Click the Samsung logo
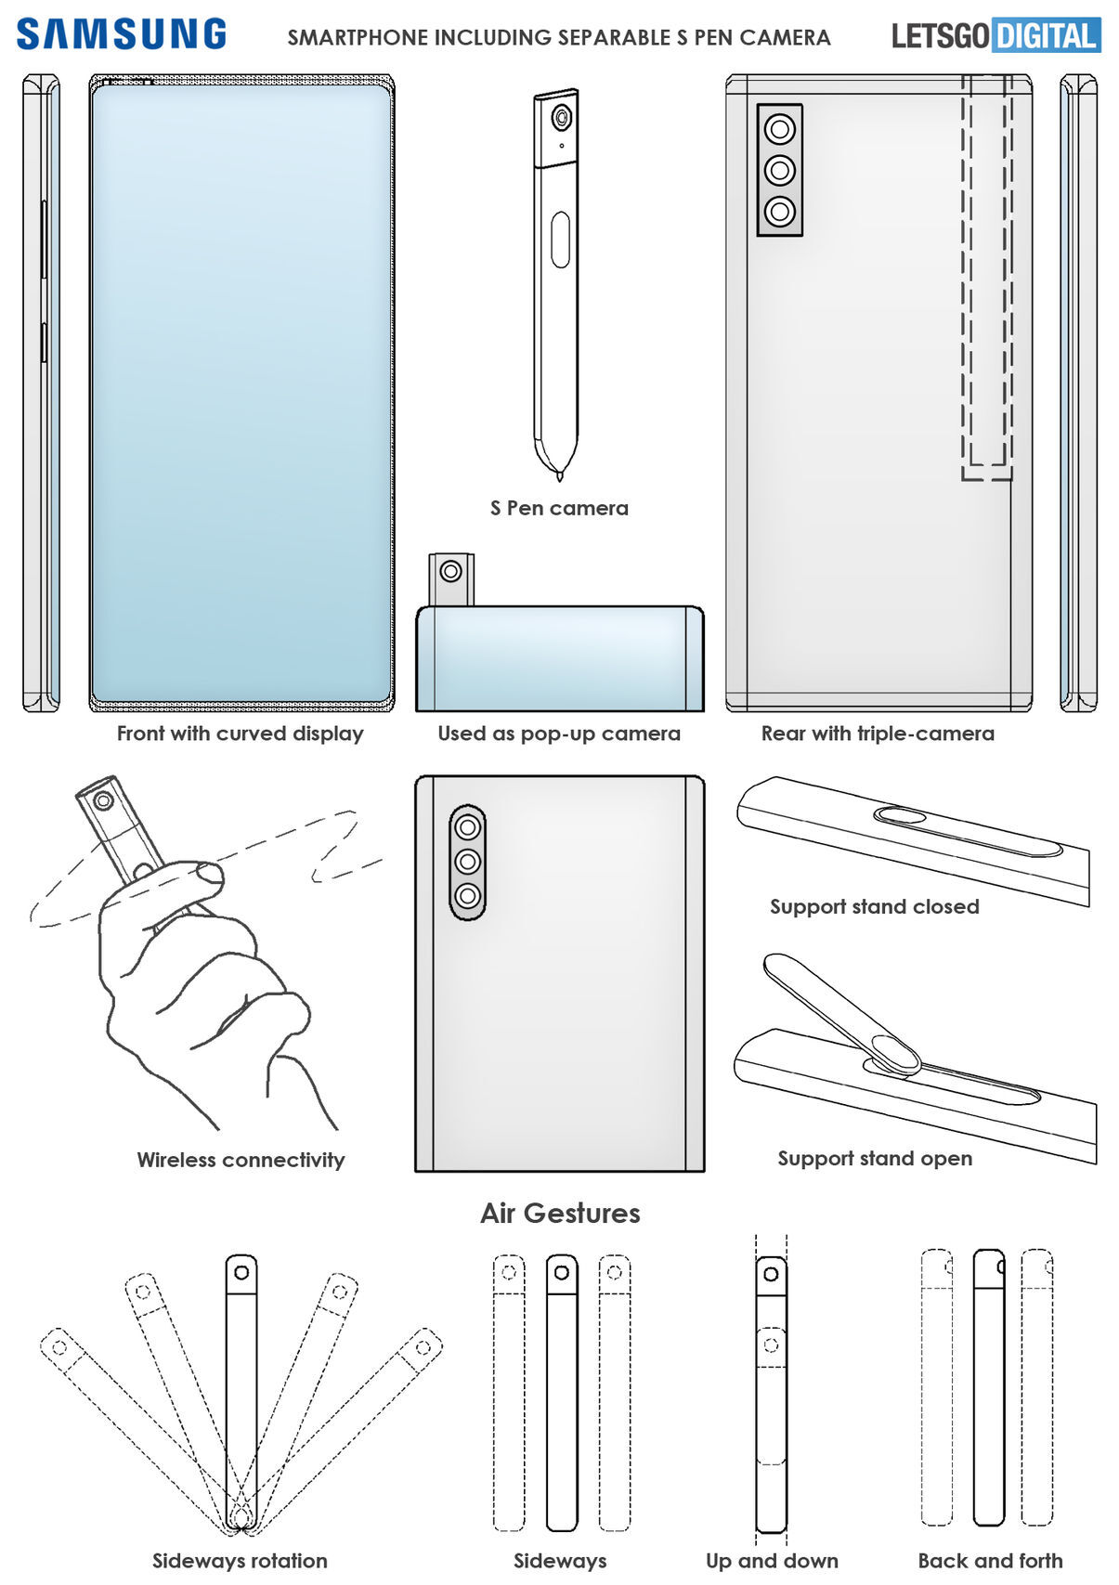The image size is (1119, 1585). (x=122, y=34)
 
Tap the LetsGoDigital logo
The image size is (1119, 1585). (x=995, y=36)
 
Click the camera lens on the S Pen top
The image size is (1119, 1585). (x=561, y=119)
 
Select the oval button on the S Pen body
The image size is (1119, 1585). (x=560, y=240)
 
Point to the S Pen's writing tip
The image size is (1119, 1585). (x=560, y=474)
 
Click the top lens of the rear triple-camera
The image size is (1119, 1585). (x=780, y=128)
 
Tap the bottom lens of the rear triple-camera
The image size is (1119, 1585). (x=780, y=212)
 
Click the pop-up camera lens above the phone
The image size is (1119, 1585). (x=451, y=571)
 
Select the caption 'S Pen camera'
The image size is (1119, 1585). (x=559, y=508)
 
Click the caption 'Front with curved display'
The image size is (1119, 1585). (x=240, y=734)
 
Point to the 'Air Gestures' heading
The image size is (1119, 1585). (x=560, y=1213)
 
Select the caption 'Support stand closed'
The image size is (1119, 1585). (x=874, y=906)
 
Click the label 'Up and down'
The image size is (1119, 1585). (x=772, y=1561)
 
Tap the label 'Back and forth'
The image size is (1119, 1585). (x=990, y=1561)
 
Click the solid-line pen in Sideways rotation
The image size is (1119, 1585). (x=241, y=1393)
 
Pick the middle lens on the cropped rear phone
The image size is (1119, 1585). (x=467, y=861)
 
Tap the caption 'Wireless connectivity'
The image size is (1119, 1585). (x=241, y=1160)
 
